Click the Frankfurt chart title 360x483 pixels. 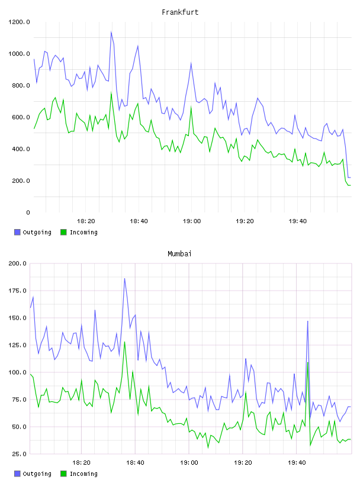click(180, 12)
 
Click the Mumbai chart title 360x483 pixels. click(179, 254)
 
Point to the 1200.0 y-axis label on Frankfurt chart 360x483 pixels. click(19, 22)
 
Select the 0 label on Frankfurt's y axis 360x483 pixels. click(28, 212)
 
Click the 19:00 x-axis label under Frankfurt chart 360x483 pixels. click(192, 221)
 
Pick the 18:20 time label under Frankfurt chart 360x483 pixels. click(86, 221)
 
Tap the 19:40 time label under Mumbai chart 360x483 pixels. click(297, 463)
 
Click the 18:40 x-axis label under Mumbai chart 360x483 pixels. click(136, 463)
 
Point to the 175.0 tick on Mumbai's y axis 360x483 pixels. click(18, 291)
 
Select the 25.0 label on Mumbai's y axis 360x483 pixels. click(20, 454)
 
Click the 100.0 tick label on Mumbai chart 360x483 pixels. click(18, 372)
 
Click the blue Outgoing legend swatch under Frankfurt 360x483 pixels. click(17, 232)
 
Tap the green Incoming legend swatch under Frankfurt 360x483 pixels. click(63, 232)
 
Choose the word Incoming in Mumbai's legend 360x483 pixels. click(83, 474)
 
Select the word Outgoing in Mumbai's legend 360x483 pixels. click(37, 474)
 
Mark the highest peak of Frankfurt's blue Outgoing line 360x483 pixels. click(111, 32)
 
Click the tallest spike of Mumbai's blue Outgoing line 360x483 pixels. click(124, 278)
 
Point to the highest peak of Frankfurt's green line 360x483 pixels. click(111, 92)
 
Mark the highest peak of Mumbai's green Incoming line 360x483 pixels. click(124, 342)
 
